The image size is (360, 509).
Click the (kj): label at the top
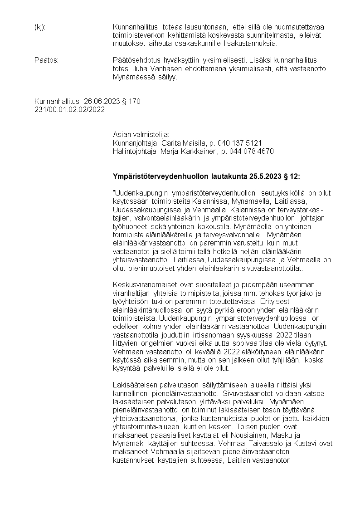point(40,27)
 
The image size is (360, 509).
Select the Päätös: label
point(46,60)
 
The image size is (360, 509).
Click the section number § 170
point(131,101)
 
